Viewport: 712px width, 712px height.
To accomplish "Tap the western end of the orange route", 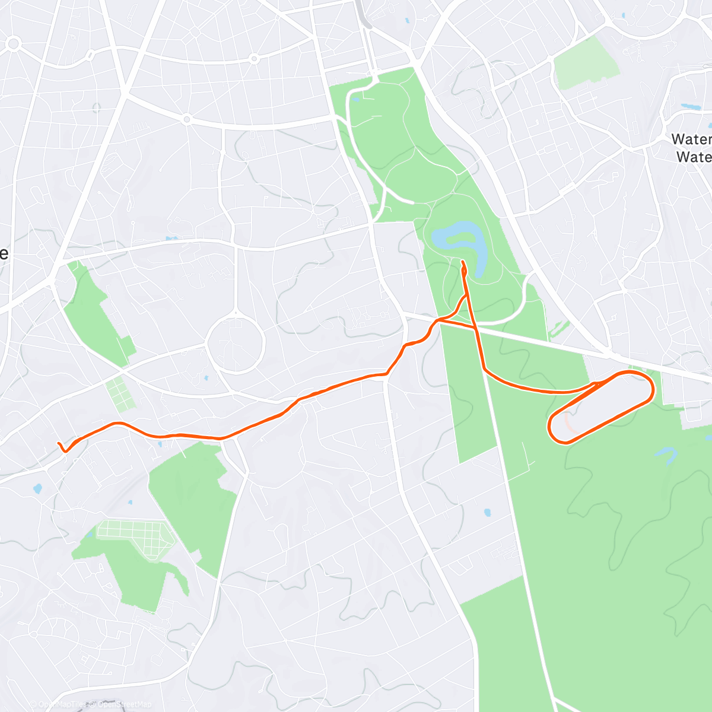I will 58,443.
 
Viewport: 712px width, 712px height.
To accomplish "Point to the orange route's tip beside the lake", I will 462,261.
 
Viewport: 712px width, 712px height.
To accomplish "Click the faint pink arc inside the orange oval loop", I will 568,423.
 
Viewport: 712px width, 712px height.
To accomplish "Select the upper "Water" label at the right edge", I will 691,139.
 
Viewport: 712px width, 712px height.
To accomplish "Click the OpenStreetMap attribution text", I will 124,704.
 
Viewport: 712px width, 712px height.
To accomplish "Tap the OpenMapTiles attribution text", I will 59,704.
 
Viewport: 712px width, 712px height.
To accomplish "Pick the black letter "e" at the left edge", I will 4,253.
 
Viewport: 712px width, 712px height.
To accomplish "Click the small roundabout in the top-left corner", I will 14,43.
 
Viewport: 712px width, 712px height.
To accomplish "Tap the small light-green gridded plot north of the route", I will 120,395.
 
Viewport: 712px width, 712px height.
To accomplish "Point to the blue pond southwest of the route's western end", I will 37,490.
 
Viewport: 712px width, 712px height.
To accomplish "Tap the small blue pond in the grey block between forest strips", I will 488,512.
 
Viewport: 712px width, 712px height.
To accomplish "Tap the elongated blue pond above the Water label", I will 691,107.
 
